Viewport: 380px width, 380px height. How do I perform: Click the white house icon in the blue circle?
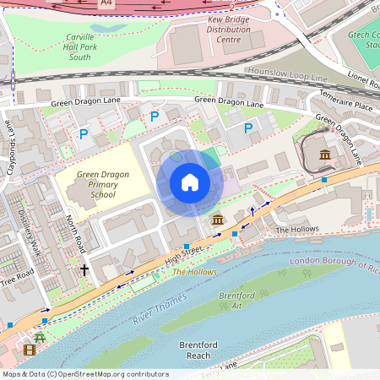(190, 182)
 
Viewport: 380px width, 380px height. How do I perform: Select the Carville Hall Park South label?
(91, 48)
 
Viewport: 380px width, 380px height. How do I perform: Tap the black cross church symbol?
(84, 270)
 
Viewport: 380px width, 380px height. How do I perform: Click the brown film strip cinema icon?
(30, 350)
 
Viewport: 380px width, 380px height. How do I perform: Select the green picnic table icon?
(39, 337)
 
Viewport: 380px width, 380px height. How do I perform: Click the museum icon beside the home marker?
(218, 220)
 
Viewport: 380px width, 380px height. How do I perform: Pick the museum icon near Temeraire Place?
(325, 155)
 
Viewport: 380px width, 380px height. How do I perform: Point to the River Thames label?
(159, 312)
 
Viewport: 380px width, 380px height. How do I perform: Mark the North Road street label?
(77, 233)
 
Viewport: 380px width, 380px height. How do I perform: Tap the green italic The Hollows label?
(195, 272)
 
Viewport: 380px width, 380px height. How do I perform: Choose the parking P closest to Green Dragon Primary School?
(84, 133)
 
